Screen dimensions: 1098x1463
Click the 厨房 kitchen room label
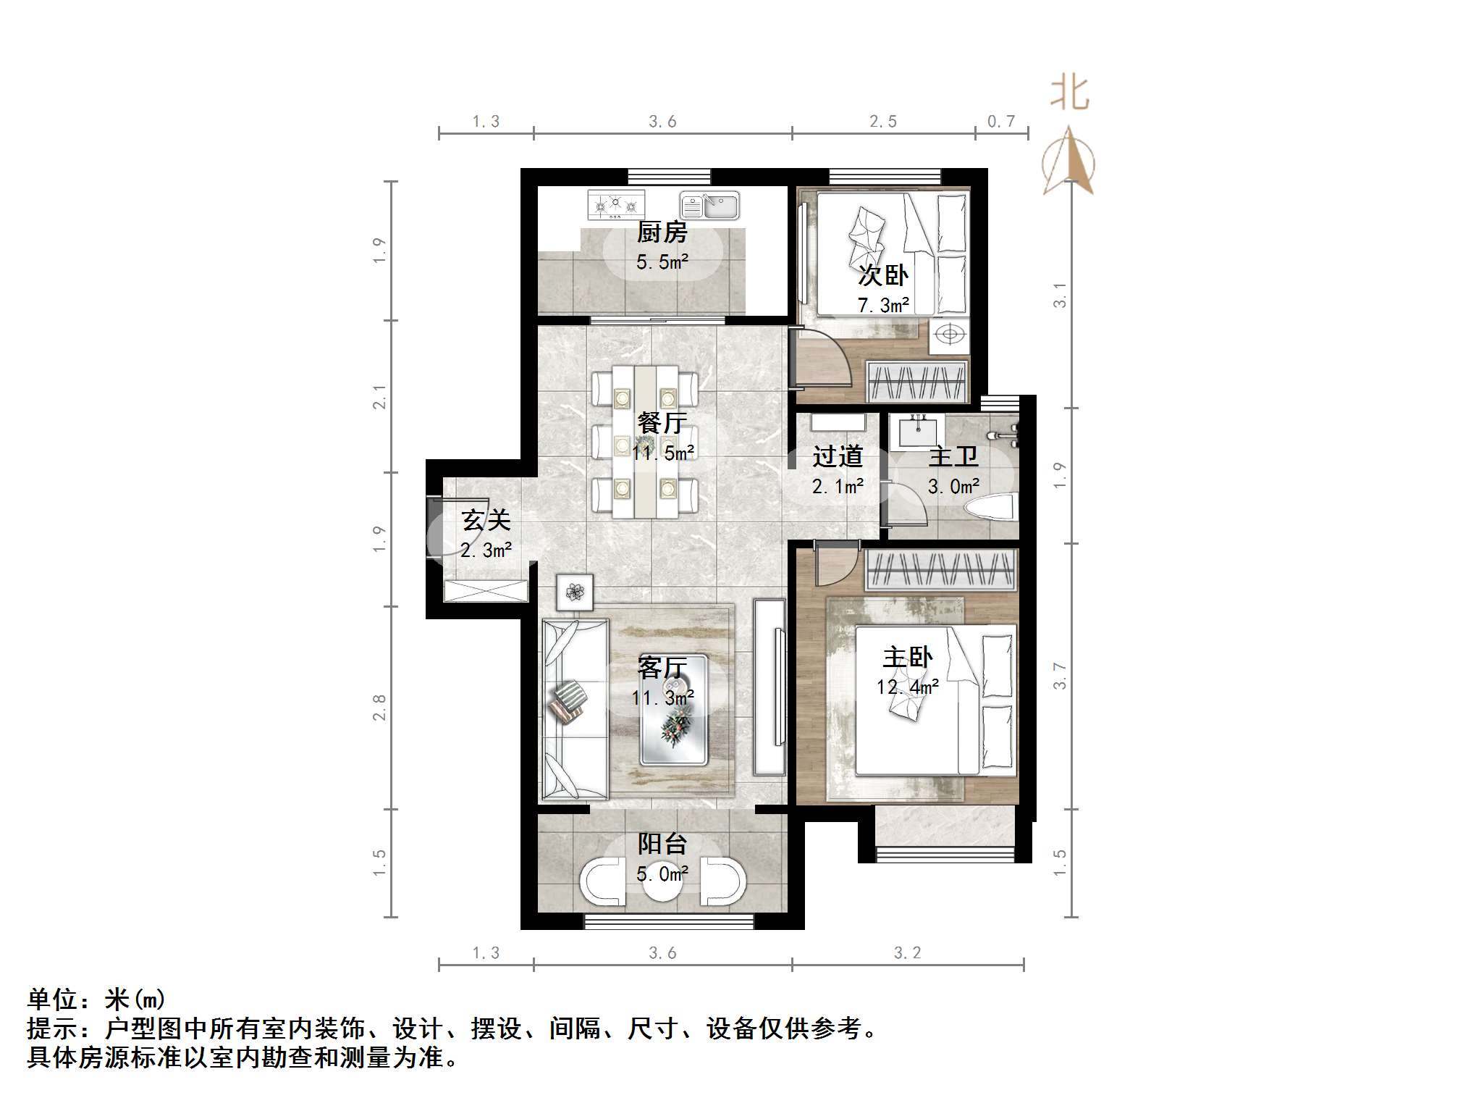click(662, 232)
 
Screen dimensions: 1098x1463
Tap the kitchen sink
click(709, 206)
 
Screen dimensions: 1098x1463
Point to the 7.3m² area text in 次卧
click(883, 306)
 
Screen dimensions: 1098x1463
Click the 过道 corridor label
click(838, 456)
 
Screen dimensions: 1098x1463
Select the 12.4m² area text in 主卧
click(908, 687)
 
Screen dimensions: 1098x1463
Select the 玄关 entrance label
click(486, 520)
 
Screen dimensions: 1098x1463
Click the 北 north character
click(1070, 94)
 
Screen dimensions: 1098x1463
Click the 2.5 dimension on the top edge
click(883, 122)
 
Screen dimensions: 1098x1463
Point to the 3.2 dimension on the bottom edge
click(907, 953)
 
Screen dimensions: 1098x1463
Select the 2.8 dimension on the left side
click(379, 708)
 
